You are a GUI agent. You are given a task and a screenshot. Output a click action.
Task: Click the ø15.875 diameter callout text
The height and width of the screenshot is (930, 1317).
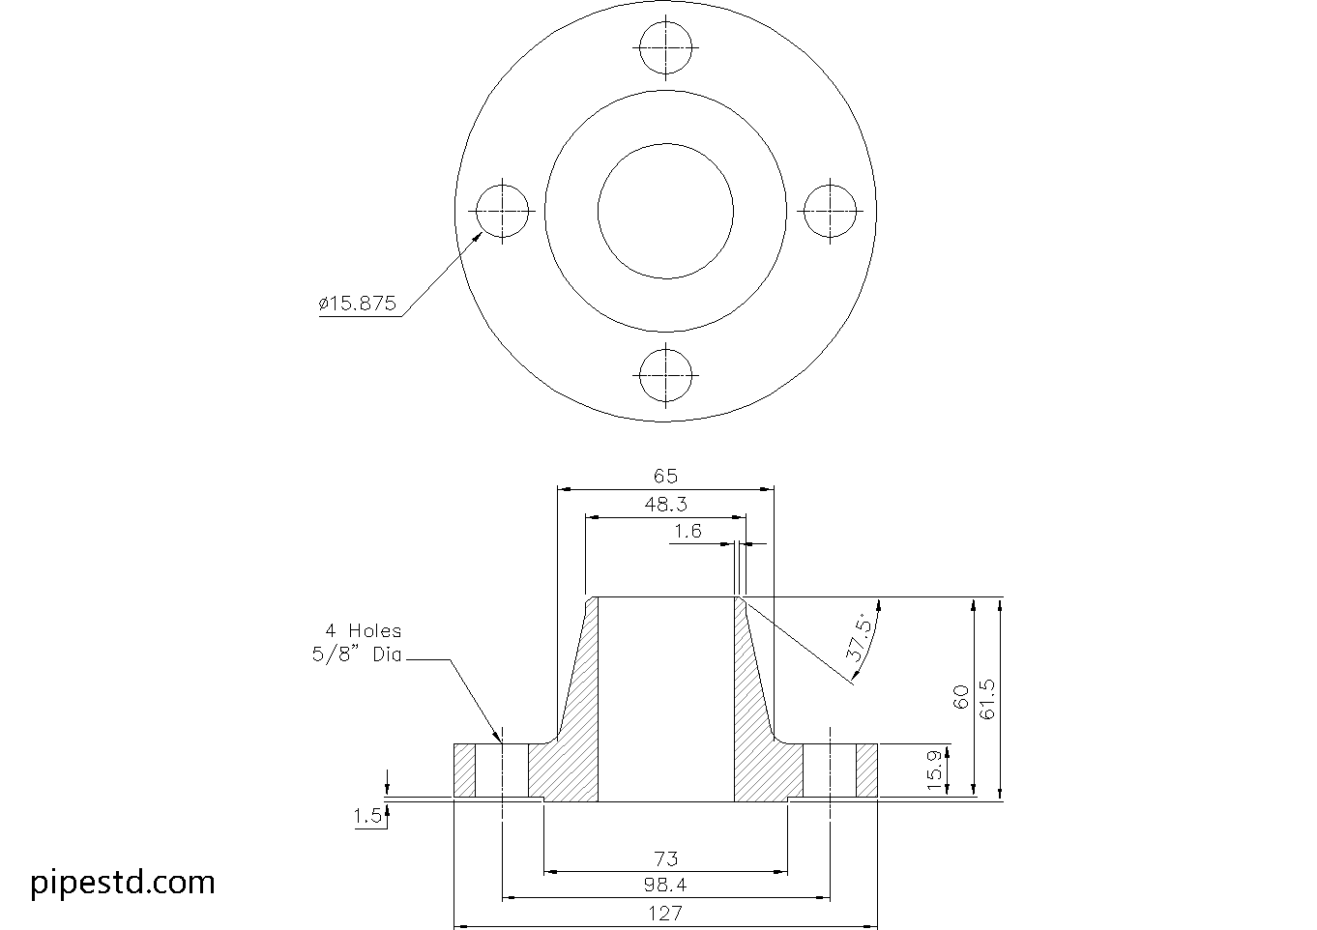pyautogui.click(x=357, y=303)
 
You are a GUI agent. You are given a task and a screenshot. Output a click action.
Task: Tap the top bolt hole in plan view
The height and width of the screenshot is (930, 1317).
pyautogui.click(x=665, y=47)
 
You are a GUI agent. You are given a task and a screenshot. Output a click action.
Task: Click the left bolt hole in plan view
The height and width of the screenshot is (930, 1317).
pyautogui.click(x=503, y=211)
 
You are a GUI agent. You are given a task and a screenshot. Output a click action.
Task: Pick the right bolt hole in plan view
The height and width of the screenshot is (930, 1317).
pyautogui.click(x=830, y=211)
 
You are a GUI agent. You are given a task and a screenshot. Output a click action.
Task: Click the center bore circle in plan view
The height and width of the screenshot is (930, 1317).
pyautogui.click(x=665, y=211)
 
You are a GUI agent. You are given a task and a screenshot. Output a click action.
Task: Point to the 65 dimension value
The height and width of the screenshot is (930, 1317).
pyautogui.click(x=665, y=476)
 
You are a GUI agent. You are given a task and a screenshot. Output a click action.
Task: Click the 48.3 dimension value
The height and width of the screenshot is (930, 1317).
pyautogui.click(x=665, y=503)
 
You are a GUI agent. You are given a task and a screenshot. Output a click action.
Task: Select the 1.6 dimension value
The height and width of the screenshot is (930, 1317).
pyautogui.click(x=688, y=531)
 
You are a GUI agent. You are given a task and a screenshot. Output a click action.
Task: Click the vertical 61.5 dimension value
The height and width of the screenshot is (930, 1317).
pyautogui.click(x=987, y=698)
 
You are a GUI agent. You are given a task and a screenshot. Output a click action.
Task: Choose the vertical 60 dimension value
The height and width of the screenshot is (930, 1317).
pyautogui.click(x=961, y=698)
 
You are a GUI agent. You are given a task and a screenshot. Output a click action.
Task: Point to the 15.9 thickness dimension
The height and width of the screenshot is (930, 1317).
pyautogui.click(x=935, y=770)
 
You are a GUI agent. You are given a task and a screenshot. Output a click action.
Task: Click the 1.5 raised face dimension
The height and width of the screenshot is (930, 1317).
pyautogui.click(x=367, y=816)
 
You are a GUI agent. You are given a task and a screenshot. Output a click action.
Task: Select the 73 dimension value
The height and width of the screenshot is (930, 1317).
pyautogui.click(x=665, y=857)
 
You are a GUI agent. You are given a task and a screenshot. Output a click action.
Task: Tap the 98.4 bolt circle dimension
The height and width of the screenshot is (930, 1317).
pyautogui.click(x=665, y=884)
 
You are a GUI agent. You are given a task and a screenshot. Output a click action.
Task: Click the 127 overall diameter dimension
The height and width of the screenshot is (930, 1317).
pyautogui.click(x=665, y=912)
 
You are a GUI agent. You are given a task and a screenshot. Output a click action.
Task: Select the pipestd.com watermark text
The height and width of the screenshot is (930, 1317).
pyautogui.click(x=123, y=882)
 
